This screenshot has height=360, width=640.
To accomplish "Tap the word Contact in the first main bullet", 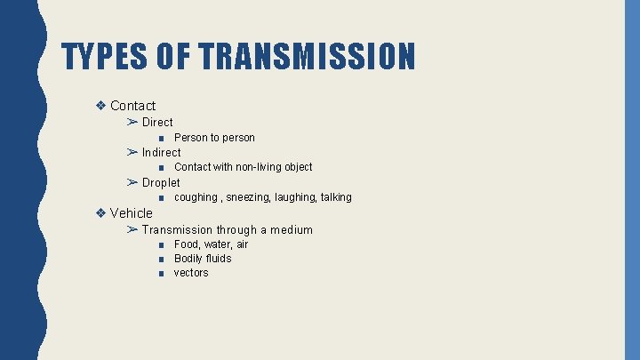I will [132, 106].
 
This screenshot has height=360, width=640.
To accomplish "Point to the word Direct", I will [157, 122].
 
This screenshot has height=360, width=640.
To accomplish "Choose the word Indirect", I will [161, 152].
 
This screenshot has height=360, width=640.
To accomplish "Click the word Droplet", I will [161, 182].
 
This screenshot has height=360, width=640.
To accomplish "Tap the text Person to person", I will [214, 138].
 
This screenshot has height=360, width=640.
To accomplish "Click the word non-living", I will [258, 167].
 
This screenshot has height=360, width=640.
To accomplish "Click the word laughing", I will [295, 197].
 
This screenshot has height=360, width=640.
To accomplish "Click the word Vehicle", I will [132, 212].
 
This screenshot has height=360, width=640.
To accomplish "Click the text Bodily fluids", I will [203, 259].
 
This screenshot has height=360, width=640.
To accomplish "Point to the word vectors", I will [191, 273].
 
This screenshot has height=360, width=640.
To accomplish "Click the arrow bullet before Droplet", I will [132, 182].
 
